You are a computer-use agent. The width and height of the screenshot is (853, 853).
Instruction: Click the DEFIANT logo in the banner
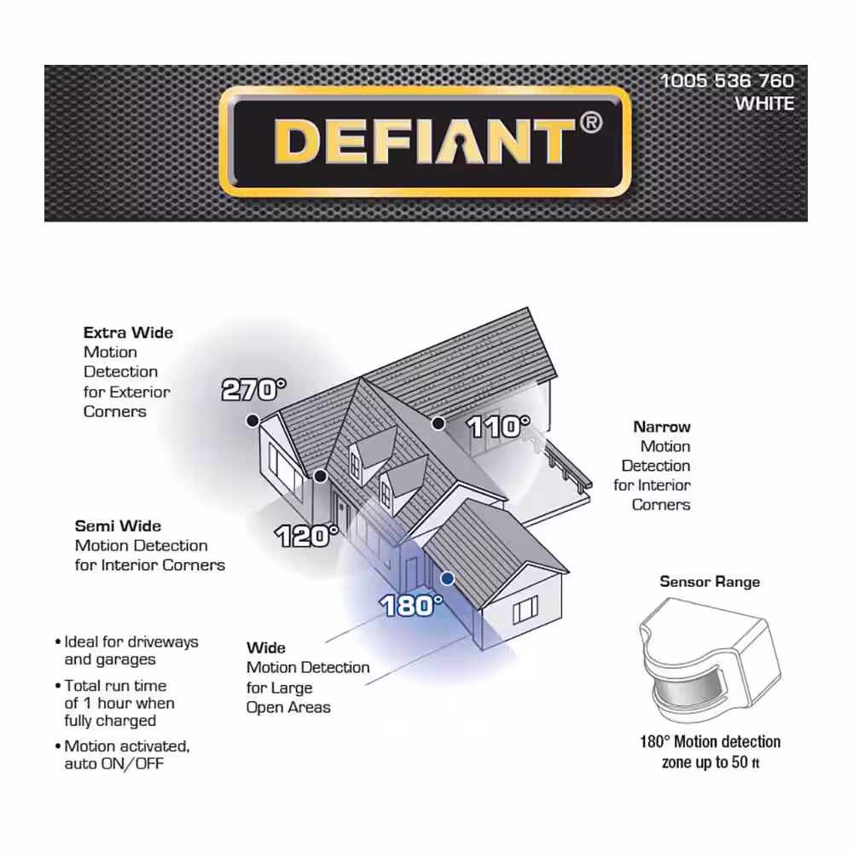(424, 141)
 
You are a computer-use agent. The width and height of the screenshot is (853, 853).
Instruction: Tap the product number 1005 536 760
(727, 81)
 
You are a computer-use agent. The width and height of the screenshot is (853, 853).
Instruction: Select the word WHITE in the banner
(764, 104)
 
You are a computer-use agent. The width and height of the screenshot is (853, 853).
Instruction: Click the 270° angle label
(253, 390)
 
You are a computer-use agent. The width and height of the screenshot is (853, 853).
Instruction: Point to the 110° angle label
(498, 426)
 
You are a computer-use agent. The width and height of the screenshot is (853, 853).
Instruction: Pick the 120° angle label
(307, 537)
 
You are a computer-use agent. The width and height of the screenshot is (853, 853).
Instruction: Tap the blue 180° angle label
(412, 606)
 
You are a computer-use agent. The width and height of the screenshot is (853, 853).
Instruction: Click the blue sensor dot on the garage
(447, 578)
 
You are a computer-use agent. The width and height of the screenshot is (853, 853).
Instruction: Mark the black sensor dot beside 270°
(252, 420)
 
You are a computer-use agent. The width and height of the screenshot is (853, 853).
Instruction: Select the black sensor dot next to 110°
(438, 422)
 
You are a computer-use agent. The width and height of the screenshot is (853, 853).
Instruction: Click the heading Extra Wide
(128, 333)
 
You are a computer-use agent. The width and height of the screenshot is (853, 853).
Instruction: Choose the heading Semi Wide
(118, 526)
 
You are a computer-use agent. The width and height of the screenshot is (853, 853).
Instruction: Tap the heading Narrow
(662, 426)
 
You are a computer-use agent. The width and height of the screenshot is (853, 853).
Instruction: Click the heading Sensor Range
(710, 582)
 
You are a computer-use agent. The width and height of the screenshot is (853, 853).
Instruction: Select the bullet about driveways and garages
(131, 650)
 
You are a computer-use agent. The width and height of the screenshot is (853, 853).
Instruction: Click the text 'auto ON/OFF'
(113, 763)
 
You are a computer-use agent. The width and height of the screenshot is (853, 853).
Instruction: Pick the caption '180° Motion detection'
(710, 742)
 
